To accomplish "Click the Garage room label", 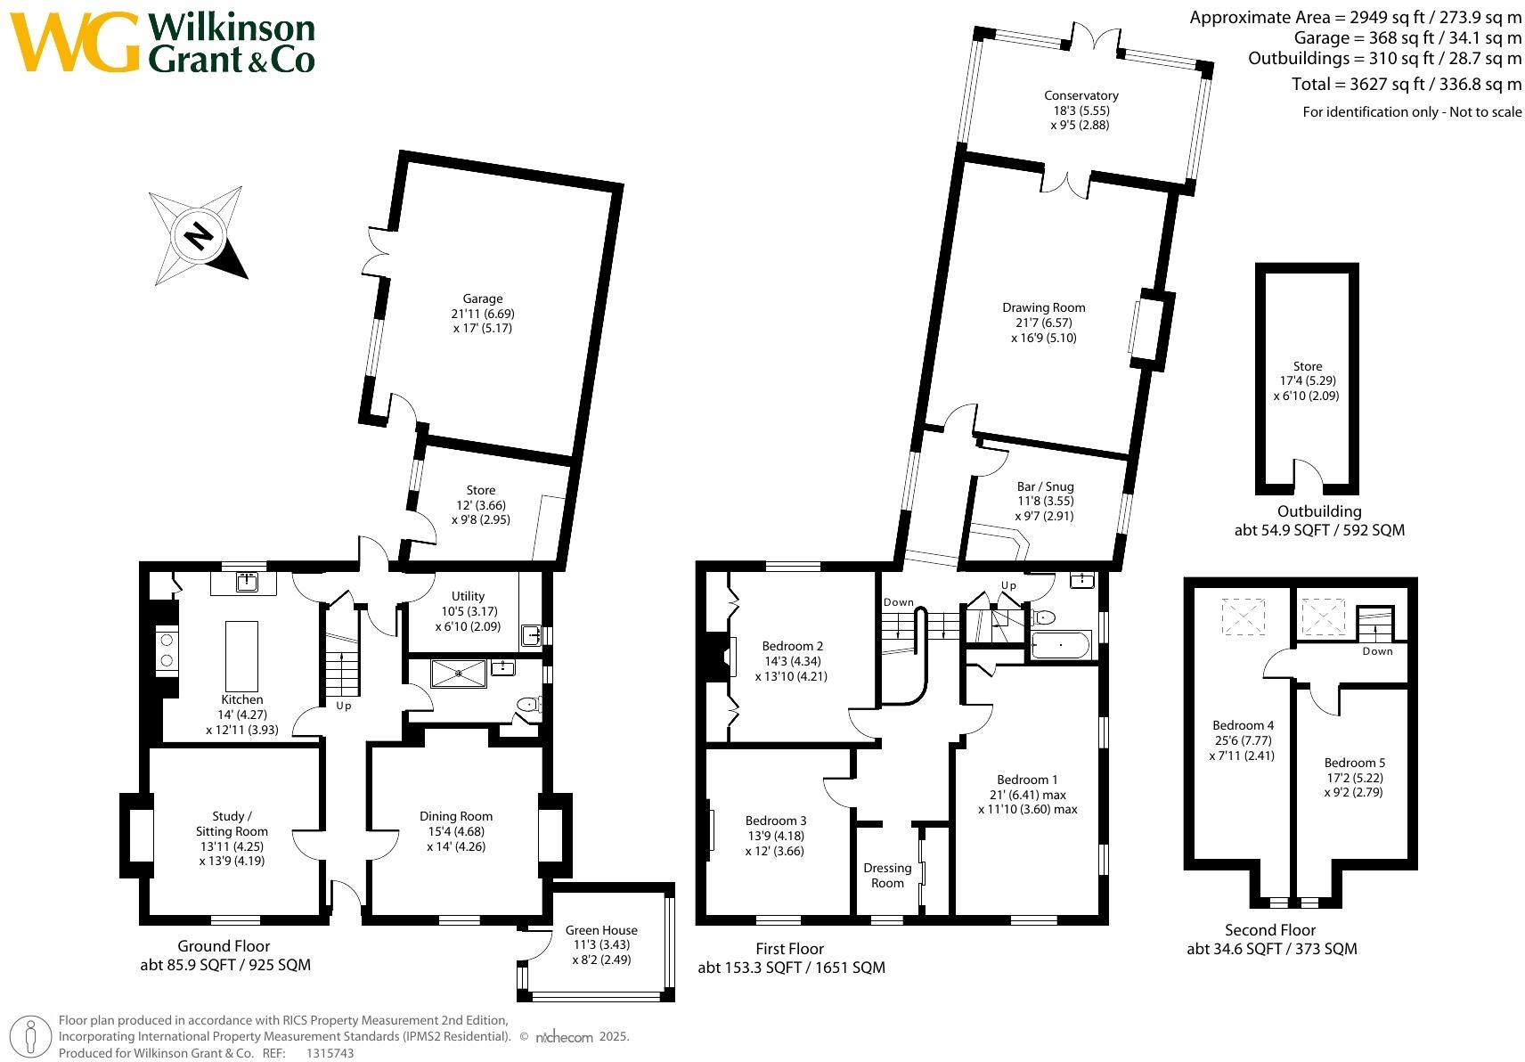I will coord(482,313).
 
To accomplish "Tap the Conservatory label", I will coord(1081,110).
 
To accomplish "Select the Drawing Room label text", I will coord(1043,323).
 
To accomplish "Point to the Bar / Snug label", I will coord(1045,501).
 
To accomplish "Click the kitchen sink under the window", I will coord(244,583).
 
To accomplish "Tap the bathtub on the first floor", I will coord(1060,645).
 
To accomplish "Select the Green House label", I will coord(601,944).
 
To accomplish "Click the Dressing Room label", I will coord(887,875).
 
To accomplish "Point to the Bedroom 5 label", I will coord(1354,777).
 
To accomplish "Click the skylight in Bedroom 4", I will coord(1242,617).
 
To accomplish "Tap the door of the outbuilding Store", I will coord(1308,477).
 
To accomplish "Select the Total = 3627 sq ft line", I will coord(1406,84).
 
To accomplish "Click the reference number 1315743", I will coord(330,1053).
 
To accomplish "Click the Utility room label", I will coord(468,611).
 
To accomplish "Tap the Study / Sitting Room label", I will coord(232,838).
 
